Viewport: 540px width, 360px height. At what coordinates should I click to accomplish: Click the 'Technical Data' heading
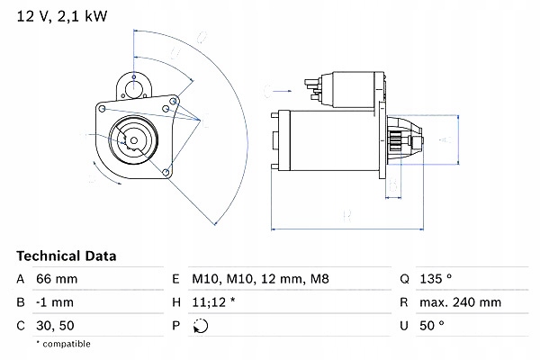pyautogui.click(x=67, y=256)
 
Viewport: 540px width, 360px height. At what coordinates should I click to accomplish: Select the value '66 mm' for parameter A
pyautogui.click(x=57, y=280)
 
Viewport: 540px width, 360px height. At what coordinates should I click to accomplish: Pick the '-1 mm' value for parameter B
pyautogui.click(x=56, y=303)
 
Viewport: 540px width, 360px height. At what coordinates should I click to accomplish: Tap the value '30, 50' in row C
pyautogui.click(x=56, y=326)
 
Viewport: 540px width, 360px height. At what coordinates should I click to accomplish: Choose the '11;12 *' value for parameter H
pyautogui.click(x=215, y=303)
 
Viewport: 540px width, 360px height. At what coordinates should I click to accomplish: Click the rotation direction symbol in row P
pyautogui.click(x=199, y=326)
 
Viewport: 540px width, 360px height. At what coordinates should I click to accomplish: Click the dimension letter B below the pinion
pyautogui.click(x=392, y=187)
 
